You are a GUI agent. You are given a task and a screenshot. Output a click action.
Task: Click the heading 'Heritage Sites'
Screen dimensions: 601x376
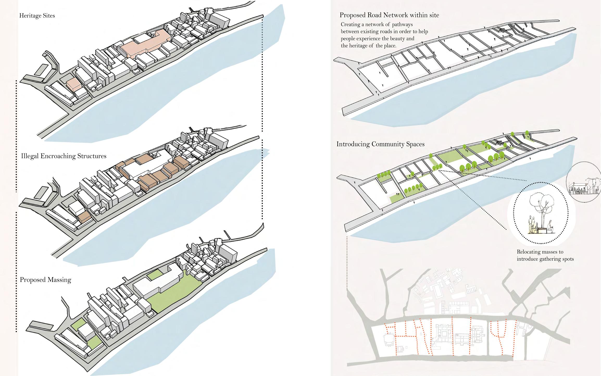point(37,16)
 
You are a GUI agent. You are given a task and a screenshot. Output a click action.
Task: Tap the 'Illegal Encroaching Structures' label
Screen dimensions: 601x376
point(64,156)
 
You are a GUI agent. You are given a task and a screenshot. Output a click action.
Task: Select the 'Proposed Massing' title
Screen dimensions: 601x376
point(46,280)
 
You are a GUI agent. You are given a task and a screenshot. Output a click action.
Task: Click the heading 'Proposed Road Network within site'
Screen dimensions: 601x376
point(389,15)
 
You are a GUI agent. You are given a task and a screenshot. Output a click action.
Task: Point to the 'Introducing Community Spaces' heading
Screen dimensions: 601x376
point(380,144)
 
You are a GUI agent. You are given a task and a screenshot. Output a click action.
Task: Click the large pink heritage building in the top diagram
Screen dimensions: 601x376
point(146,44)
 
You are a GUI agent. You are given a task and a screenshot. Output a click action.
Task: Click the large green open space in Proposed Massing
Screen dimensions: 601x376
point(174,294)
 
